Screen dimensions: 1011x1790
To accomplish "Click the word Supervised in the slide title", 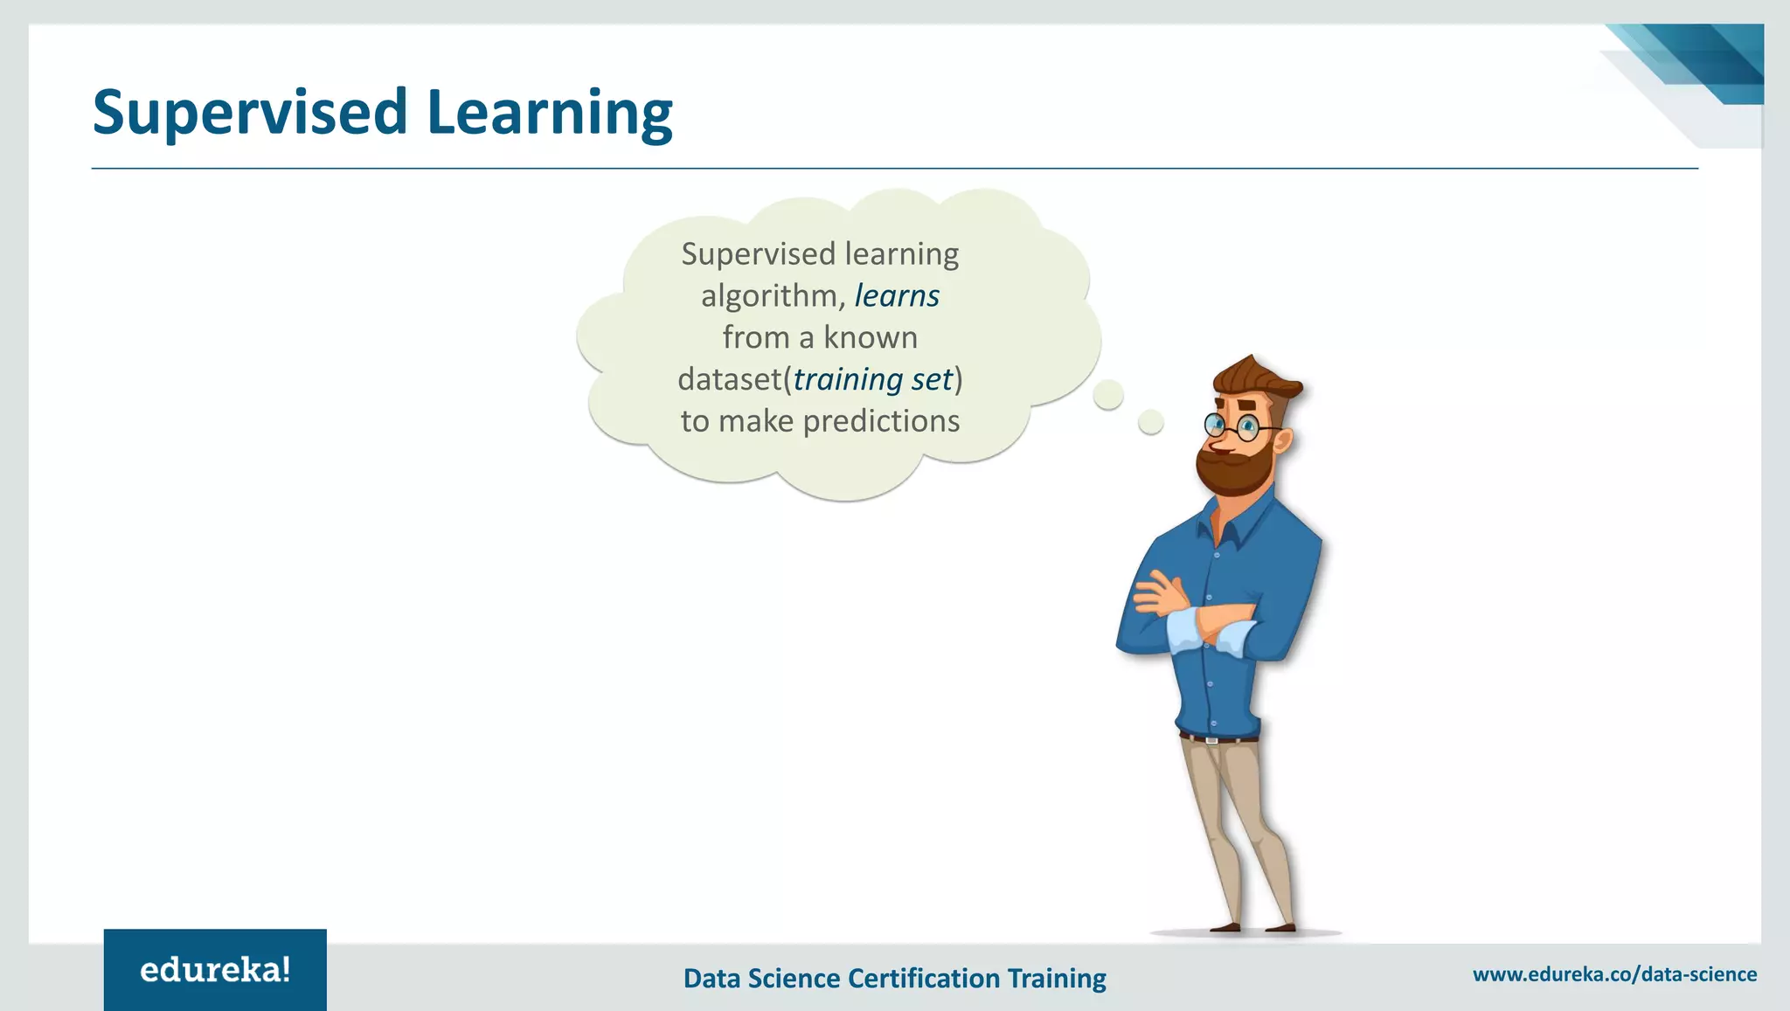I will [250, 113].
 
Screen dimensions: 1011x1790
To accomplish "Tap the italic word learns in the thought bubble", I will [896, 296].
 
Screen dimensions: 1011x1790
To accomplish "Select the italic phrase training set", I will [872, 379].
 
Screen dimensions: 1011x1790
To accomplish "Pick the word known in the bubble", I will [870, 337].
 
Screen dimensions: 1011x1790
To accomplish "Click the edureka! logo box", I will [215, 970].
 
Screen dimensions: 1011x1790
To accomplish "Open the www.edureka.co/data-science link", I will [1614, 974].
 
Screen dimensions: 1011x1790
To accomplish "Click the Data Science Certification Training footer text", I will [894, 978].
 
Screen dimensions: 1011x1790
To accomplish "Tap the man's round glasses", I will [1232, 426].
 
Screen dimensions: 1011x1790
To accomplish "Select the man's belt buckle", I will [1211, 740].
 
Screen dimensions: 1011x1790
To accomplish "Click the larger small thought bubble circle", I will [1108, 395].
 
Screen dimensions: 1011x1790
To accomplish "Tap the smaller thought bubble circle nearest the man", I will [1151, 423].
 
